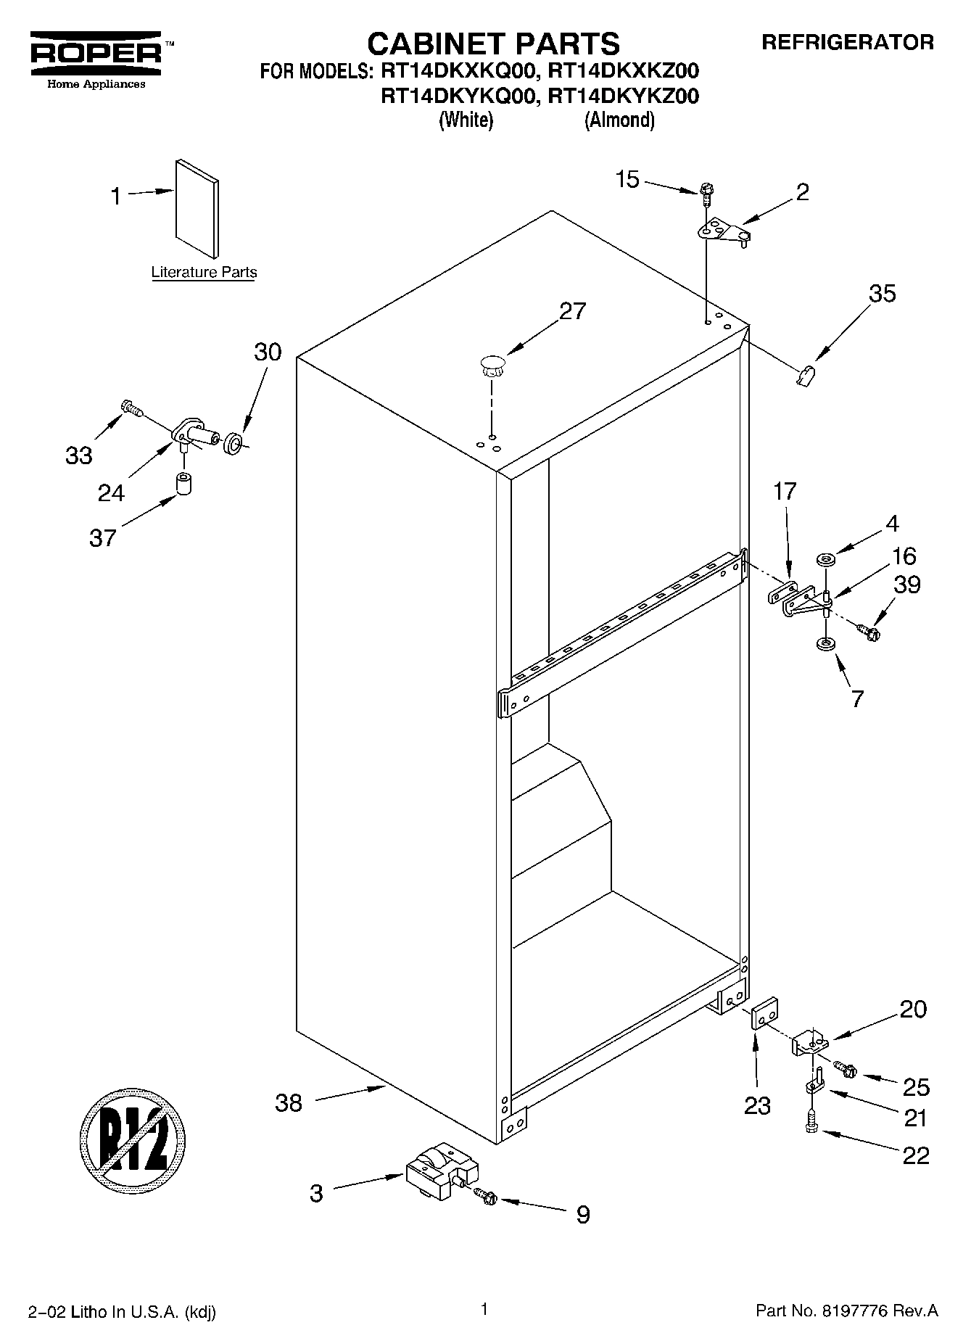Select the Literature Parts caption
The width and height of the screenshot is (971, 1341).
204,273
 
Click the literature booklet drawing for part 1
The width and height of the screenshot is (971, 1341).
197,208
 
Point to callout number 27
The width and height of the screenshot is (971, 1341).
572,311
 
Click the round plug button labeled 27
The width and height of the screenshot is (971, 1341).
492,365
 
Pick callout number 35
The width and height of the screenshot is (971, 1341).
882,294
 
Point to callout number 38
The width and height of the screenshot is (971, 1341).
289,1103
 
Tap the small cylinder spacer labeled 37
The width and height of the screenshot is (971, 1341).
183,483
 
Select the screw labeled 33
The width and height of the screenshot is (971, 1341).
131,410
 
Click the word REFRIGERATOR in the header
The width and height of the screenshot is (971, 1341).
847,42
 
